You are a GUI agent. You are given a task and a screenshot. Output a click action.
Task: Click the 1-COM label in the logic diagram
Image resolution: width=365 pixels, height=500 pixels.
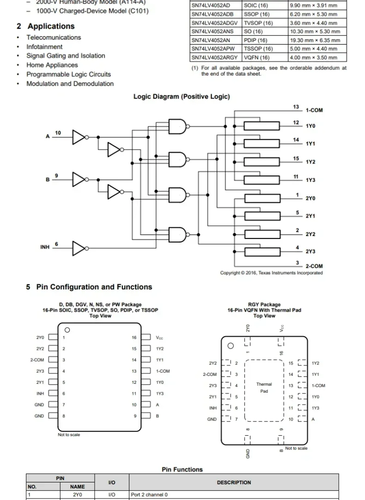click(314, 110)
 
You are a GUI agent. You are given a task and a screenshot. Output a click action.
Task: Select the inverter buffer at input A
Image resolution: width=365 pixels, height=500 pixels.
click(79, 137)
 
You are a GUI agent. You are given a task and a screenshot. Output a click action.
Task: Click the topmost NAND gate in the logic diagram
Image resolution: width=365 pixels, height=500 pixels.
click(178, 125)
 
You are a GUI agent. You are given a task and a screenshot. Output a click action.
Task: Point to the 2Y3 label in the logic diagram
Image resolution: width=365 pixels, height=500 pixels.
click(310, 251)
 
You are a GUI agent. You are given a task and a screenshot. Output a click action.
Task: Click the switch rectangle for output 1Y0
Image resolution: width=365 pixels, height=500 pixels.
click(262, 126)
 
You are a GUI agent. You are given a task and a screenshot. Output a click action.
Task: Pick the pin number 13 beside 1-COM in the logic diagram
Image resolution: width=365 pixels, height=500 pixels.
click(296, 107)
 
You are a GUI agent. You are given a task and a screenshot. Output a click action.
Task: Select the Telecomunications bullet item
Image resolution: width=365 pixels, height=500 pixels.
click(54, 37)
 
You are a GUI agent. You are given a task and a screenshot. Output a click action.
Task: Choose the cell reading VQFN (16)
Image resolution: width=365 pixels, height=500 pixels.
click(256, 57)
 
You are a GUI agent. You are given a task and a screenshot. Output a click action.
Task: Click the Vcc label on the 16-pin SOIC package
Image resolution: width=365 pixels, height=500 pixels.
click(159, 338)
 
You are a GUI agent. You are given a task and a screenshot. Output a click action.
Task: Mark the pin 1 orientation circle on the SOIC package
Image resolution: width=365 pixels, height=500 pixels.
click(67, 330)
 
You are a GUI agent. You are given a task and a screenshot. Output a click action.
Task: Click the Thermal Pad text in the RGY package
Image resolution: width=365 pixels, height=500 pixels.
click(264, 387)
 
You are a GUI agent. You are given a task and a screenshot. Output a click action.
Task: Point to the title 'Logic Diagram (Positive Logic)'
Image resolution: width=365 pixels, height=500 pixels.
click(182, 97)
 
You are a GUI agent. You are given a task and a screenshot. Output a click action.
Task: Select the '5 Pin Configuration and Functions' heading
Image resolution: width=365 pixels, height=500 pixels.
click(89, 287)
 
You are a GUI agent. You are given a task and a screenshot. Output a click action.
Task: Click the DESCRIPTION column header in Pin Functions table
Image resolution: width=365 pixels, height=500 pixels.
click(234, 482)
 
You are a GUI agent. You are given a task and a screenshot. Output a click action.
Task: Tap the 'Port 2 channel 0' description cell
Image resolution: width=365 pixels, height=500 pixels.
click(149, 494)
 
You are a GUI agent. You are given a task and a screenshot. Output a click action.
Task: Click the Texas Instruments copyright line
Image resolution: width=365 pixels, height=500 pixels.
click(271, 273)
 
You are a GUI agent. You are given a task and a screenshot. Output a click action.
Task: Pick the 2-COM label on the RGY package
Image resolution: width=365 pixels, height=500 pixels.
click(209, 374)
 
